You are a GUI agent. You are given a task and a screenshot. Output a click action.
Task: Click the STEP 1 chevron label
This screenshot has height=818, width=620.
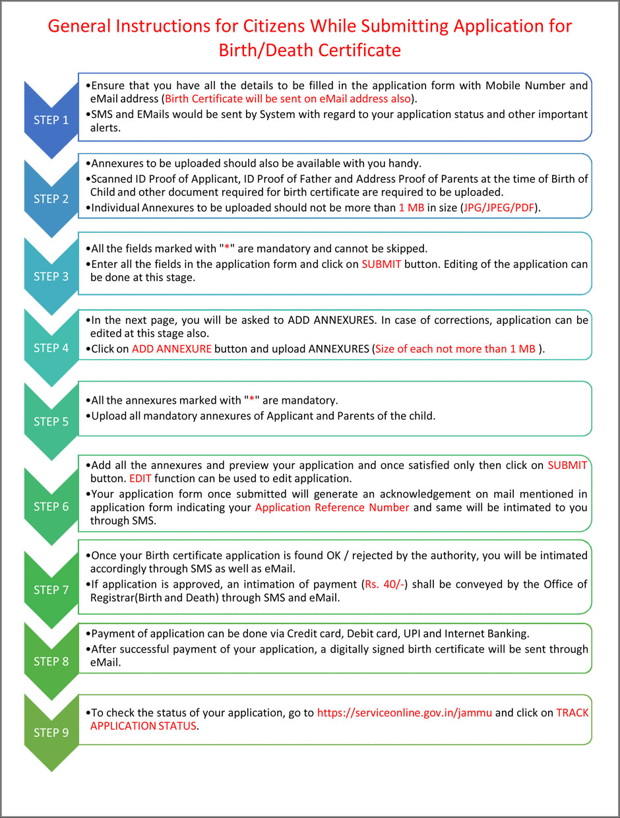pyautogui.click(x=51, y=120)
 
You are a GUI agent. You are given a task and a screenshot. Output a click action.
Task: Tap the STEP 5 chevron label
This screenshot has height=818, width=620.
pyautogui.click(x=51, y=422)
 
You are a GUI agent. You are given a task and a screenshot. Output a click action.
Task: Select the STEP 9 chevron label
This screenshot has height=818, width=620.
pyautogui.click(x=51, y=732)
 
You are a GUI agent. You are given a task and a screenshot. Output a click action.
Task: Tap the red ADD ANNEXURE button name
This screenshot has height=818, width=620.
pyautogui.click(x=171, y=348)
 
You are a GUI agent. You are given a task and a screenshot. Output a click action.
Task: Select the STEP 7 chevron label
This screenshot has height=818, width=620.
pyautogui.click(x=51, y=590)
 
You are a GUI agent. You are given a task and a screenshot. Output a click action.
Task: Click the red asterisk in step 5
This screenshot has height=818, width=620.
pyautogui.click(x=251, y=400)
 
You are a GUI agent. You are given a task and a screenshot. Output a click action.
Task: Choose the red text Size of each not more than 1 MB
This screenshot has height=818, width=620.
pyautogui.click(x=454, y=348)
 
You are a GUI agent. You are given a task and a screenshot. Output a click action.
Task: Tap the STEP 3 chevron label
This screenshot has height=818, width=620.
pyautogui.click(x=51, y=276)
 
